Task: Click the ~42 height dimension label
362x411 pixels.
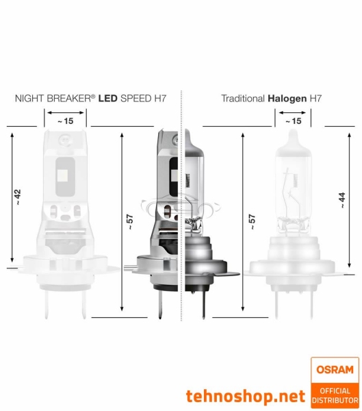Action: [18, 197]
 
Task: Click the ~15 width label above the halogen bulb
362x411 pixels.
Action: [292, 121]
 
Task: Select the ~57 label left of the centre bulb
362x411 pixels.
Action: [128, 223]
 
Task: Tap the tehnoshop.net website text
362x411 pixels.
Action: [245, 396]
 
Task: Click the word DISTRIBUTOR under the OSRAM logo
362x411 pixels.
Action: [335, 399]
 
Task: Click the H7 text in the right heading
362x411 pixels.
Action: [315, 99]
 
